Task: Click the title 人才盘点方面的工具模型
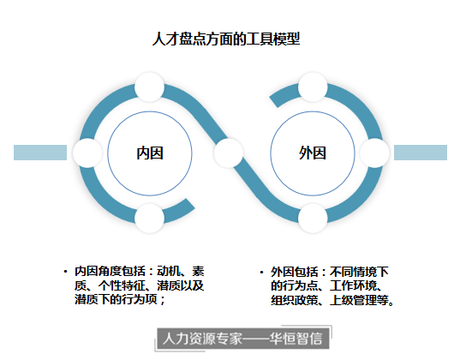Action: coord(226,39)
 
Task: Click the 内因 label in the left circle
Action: coord(150,153)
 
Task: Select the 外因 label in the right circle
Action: coord(313,153)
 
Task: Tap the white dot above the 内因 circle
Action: coord(149,87)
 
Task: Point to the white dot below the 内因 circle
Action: coord(149,219)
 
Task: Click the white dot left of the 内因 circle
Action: coord(87,153)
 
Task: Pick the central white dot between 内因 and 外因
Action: coord(229,153)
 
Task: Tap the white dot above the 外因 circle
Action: coord(313,87)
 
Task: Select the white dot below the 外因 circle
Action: coord(313,219)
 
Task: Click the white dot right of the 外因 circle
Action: coord(374,153)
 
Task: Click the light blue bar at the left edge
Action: coord(40,153)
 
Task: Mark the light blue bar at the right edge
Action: coord(421,153)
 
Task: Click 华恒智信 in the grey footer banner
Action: coord(296,339)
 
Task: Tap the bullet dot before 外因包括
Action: coord(261,273)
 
